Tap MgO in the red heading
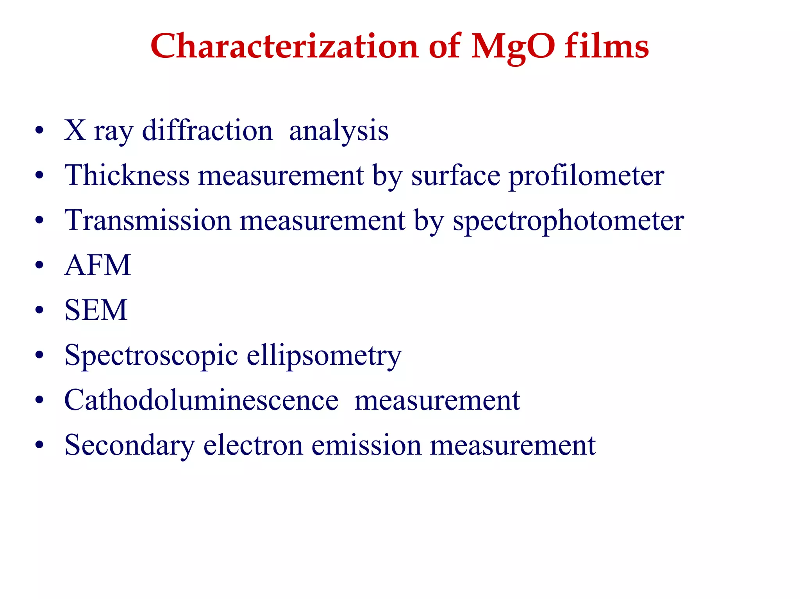(512, 47)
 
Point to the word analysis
(339, 131)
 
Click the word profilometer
(586, 176)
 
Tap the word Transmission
(148, 220)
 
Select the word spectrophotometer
(568, 221)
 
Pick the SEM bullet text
(96, 310)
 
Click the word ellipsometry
(324, 356)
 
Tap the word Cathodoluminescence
(201, 400)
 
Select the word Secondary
(129, 446)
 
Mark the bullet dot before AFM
(39, 266)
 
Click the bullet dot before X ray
(39, 131)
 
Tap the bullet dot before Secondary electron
(39, 446)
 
